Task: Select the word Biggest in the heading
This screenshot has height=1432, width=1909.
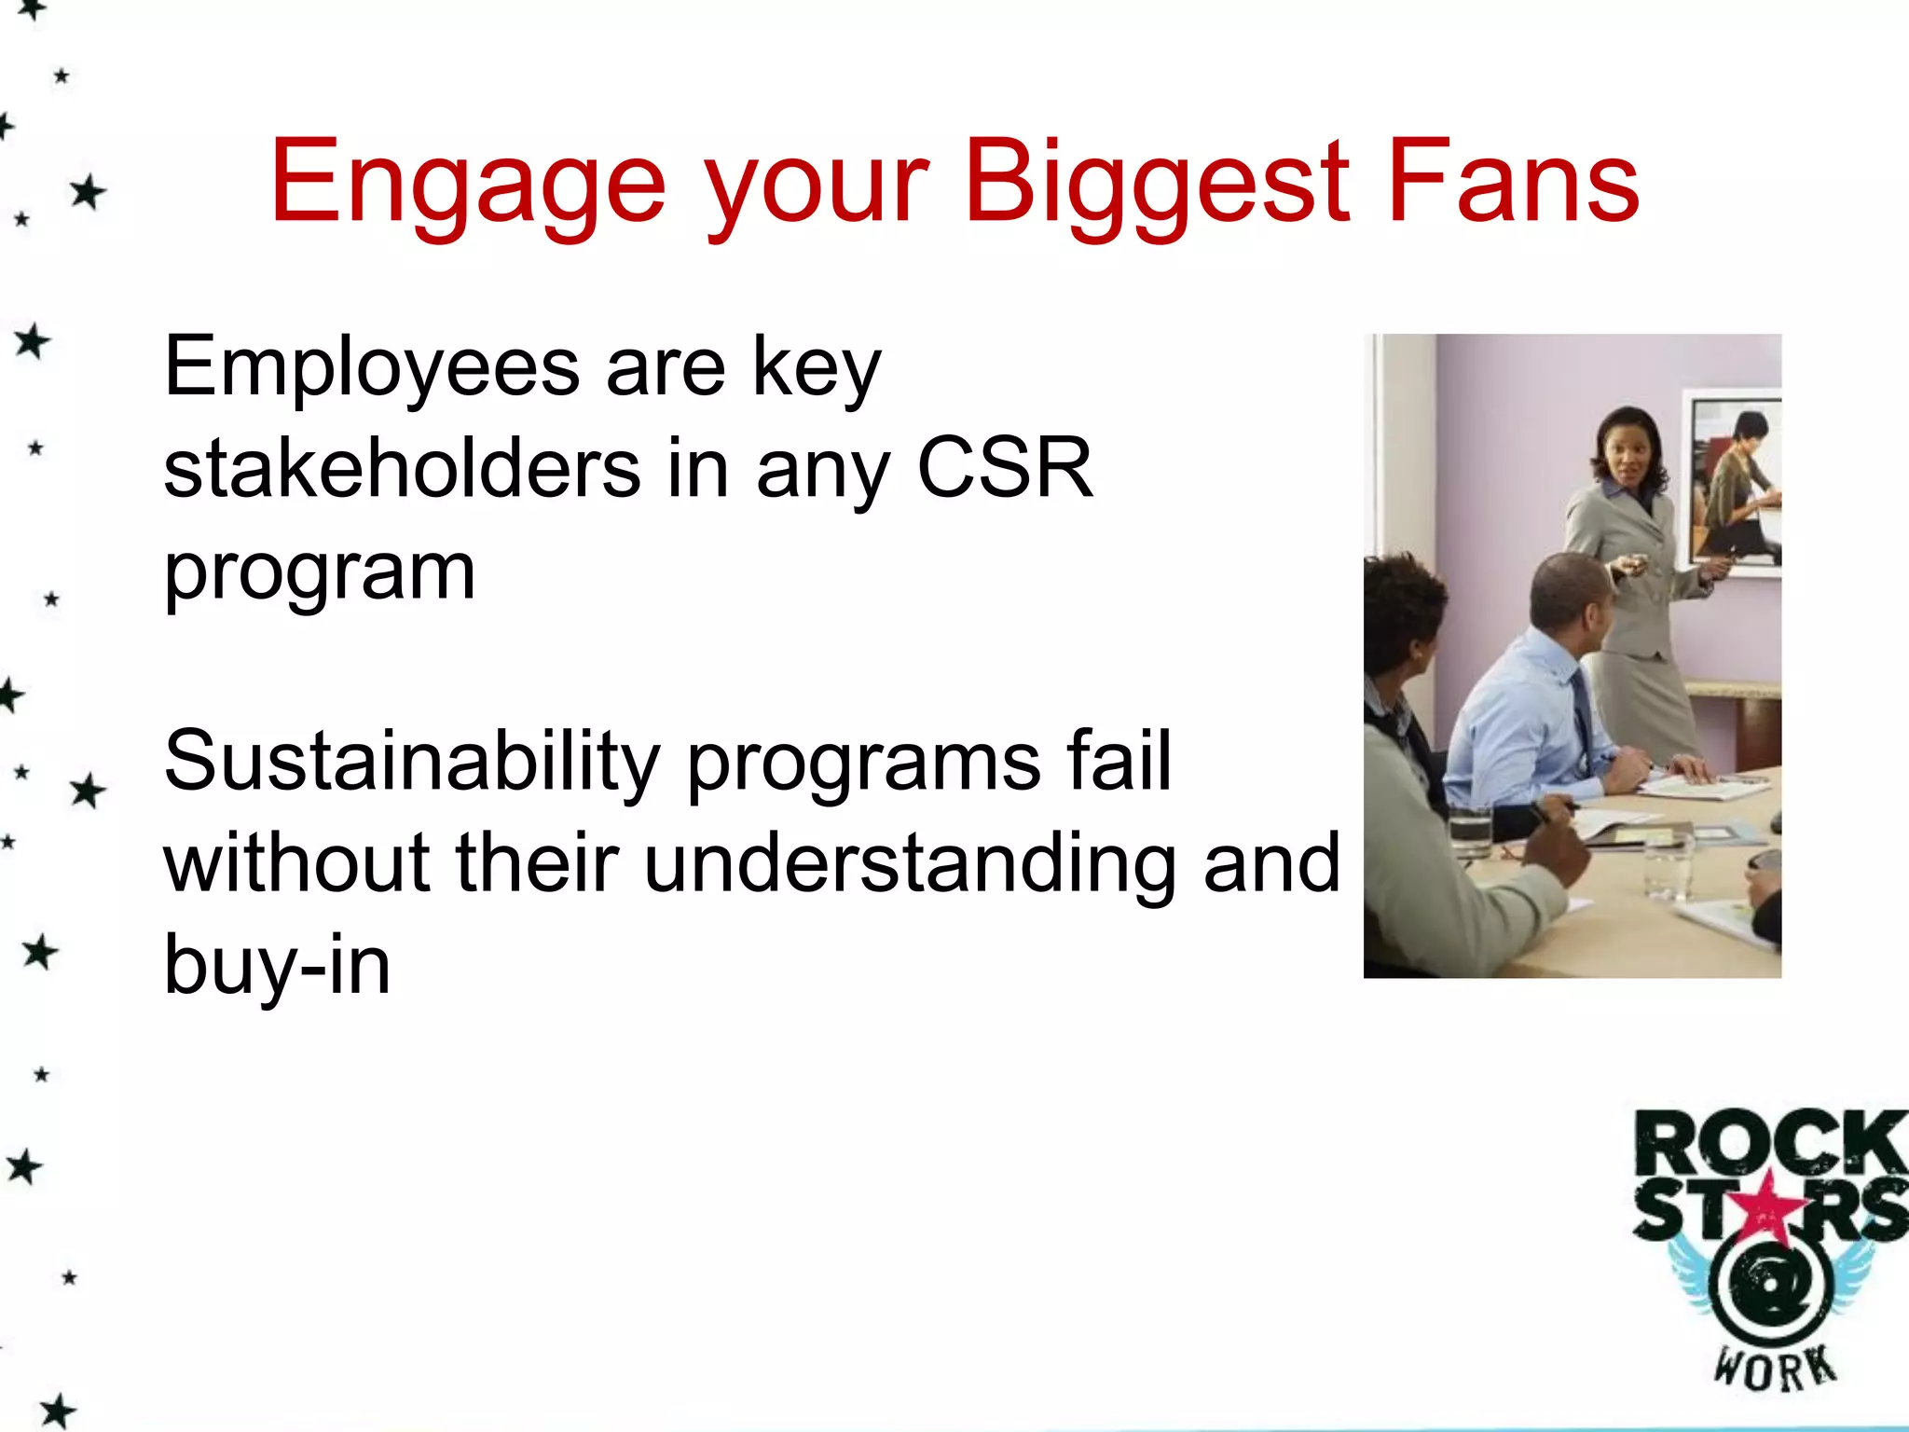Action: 1156,183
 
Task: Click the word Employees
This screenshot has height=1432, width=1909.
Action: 371,367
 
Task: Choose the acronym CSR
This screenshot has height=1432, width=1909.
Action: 1004,468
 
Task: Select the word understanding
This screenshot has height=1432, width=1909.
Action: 909,863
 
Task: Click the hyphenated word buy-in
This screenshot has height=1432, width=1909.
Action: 277,966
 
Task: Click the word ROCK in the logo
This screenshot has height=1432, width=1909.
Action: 1768,1144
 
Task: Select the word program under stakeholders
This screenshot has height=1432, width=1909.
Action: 320,571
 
